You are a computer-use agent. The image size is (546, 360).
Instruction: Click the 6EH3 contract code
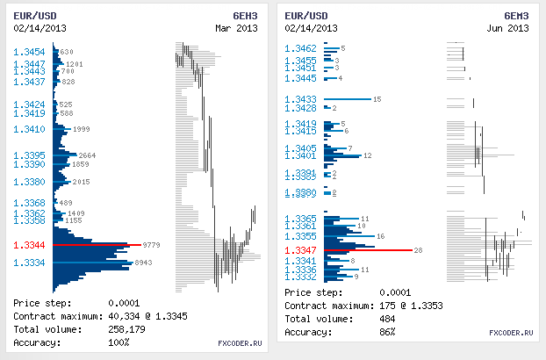[x=244, y=17]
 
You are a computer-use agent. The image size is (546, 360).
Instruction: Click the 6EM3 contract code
[x=516, y=17]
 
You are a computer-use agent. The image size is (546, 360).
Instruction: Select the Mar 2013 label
[x=236, y=29]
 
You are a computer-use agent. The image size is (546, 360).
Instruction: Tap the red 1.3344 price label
[x=30, y=245]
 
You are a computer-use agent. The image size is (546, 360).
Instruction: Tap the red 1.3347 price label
[x=300, y=251]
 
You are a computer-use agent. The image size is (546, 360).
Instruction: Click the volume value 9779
[x=151, y=245]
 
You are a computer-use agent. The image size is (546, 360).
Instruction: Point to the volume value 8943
[x=144, y=263]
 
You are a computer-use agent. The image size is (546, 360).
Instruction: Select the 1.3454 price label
[x=30, y=52]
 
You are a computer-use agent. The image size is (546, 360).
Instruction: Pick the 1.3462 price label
[x=300, y=48]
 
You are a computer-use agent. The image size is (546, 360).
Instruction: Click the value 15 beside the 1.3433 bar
[x=377, y=99]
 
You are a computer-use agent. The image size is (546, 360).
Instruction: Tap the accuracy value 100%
[x=119, y=342]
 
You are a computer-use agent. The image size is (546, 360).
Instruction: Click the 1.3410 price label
[x=30, y=130]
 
